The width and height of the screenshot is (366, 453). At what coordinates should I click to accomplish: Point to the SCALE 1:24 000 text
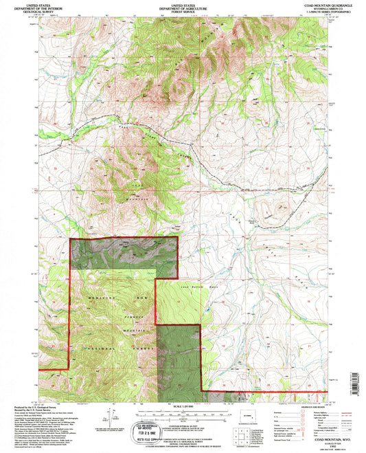182,408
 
